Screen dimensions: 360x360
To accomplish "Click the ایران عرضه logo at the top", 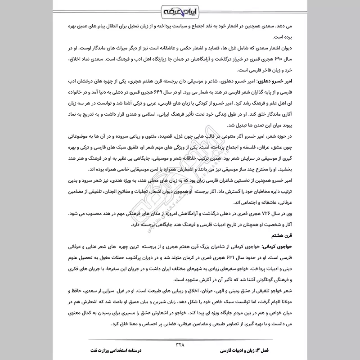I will click(x=180, y=10).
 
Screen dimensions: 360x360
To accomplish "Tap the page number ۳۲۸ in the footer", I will click(x=180, y=345).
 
